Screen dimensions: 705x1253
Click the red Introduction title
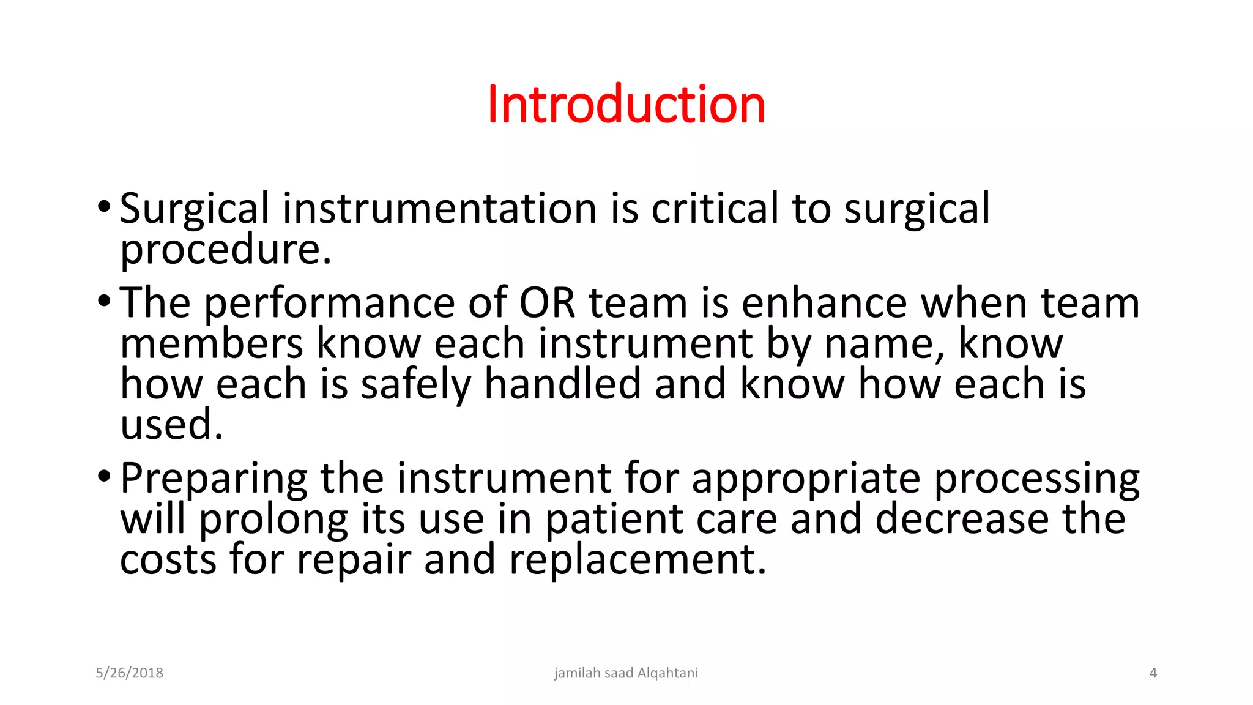pos(626,105)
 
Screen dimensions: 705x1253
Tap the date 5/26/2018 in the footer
pos(129,673)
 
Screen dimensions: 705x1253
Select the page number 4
pos(1153,673)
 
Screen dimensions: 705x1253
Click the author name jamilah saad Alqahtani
pos(626,673)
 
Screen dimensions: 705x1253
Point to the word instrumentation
pos(439,209)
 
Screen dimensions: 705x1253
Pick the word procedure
pos(225,251)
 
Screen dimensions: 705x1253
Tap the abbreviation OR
pos(547,303)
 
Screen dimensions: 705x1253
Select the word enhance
pos(824,303)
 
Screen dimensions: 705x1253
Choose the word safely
pos(416,386)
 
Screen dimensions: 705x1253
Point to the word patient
pos(614,520)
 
